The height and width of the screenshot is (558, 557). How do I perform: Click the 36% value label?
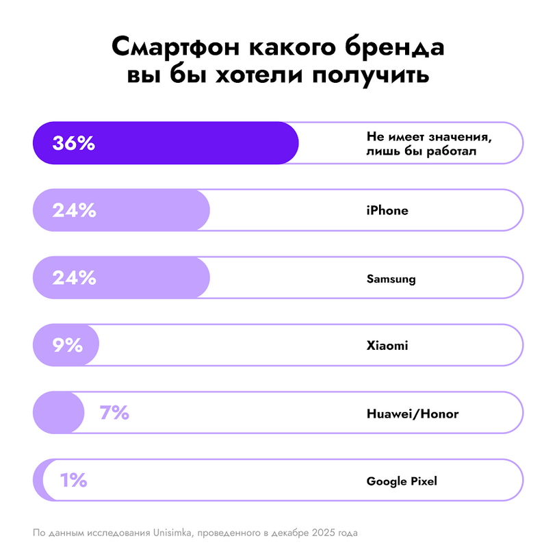[x=73, y=144]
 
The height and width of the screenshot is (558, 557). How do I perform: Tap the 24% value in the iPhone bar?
[x=74, y=211]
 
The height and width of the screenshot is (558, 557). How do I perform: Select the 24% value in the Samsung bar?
[x=74, y=278]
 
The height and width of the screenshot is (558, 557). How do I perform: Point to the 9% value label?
[x=68, y=346]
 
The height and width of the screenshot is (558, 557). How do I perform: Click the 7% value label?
[x=114, y=413]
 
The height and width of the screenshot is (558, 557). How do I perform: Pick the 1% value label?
[x=73, y=481]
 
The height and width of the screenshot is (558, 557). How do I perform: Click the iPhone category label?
[x=387, y=211]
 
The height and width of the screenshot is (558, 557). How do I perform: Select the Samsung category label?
[x=391, y=279]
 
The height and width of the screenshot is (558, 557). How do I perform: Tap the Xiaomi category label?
[x=387, y=346]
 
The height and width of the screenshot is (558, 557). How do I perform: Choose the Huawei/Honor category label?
[x=413, y=414]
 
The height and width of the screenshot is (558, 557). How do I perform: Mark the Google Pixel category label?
[x=402, y=481]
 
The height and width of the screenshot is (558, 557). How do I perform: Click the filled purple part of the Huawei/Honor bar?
[x=57, y=413]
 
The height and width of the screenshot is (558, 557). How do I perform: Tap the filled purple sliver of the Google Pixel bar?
[x=38, y=481]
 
